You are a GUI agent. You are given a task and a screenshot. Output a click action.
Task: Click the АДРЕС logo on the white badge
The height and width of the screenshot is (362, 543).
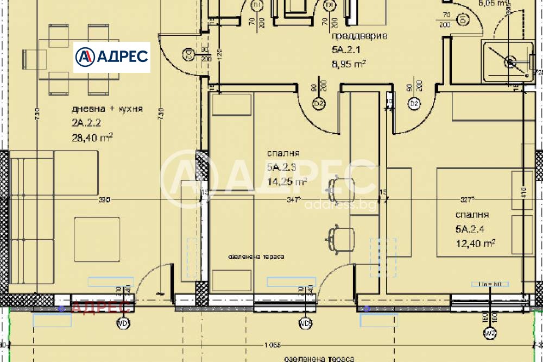coord(111,57)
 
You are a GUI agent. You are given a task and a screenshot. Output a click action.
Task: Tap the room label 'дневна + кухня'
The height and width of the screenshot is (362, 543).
coord(106,109)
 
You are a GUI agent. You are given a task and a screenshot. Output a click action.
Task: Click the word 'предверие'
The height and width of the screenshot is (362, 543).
coord(359,37)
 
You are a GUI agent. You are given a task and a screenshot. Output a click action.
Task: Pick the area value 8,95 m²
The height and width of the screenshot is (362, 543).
coord(348,64)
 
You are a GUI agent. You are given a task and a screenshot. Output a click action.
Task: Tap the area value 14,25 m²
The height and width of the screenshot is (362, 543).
coord(287,182)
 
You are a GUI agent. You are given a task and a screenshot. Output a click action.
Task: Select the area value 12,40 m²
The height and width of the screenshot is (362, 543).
coord(475,243)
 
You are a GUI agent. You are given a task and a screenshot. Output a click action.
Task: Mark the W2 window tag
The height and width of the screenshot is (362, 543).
coord(489,333)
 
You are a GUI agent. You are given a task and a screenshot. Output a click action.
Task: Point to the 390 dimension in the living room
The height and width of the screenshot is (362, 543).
coord(104,200)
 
